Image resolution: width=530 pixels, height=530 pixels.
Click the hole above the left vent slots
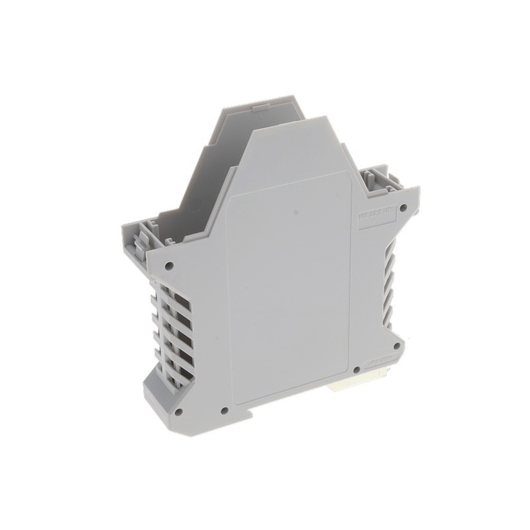pyautogui.click(x=169, y=266)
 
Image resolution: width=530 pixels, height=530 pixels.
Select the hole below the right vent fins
pyautogui.click(x=396, y=345)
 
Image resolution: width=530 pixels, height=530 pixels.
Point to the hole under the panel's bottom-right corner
pyautogui.click(x=356, y=370)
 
